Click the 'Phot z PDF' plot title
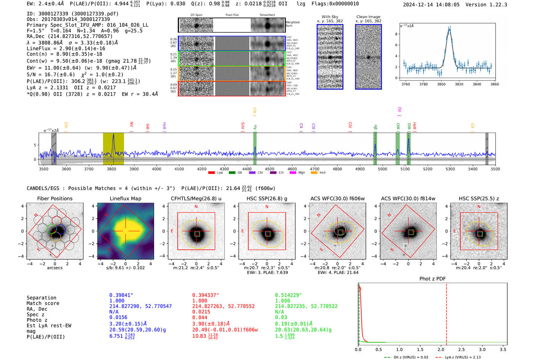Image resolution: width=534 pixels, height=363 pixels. (x=433, y=278)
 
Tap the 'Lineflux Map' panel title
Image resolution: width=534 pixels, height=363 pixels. (x=125, y=198)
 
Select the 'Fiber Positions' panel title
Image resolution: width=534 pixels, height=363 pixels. (x=55, y=198)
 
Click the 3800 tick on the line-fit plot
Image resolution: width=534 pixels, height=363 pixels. (x=441, y=84)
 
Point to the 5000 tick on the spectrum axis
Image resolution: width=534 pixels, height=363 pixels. (x=383, y=169)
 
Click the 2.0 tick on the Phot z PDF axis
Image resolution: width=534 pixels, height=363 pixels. (x=441, y=349)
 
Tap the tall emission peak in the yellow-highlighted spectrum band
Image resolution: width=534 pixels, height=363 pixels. (x=113, y=136)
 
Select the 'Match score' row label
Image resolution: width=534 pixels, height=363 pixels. (x=43, y=303)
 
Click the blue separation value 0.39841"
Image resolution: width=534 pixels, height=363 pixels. (x=121, y=295)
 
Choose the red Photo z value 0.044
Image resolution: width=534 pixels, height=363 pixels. (x=199, y=317)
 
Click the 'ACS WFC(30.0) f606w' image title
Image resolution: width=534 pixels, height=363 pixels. (x=337, y=198)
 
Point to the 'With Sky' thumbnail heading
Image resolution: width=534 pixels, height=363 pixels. (x=330, y=17)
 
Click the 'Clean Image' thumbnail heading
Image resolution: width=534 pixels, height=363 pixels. (x=368, y=17)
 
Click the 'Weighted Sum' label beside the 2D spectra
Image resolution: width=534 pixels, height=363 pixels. (x=293, y=24)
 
